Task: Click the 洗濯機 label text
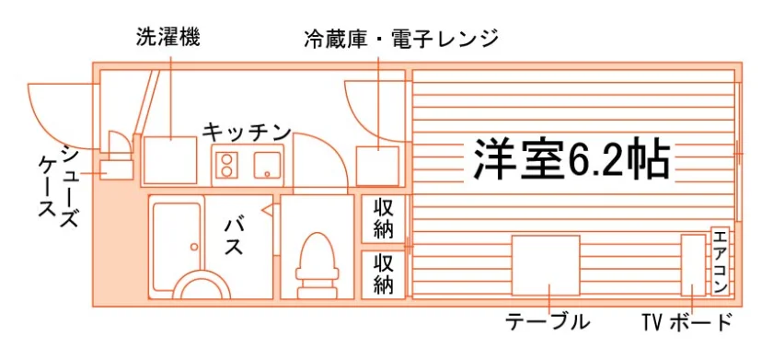coord(167,38)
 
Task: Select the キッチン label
coord(247,133)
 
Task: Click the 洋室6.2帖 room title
coord(571,158)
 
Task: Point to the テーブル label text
coord(548,322)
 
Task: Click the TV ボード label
coord(686,322)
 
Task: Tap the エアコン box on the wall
coord(721,261)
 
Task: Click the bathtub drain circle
coord(195,247)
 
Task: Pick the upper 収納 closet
coord(383,219)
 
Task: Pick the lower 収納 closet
coord(383,274)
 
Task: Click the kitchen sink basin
coord(267,165)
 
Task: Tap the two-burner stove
coord(226,165)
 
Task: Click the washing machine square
coord(169,160)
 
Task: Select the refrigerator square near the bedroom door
coord(377,166)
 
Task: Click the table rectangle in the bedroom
coord(546,265)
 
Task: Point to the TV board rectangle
coord(693,265)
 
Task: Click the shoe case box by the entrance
coord(116,170)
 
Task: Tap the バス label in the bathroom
coord(233,237)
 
